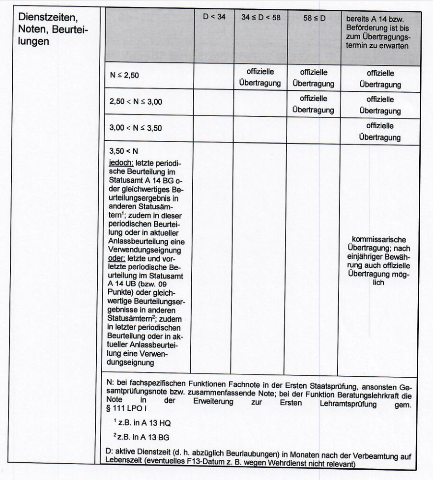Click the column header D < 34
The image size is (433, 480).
point(214,17)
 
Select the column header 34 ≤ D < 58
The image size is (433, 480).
point(260,17)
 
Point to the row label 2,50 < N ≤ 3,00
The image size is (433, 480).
point(136,102)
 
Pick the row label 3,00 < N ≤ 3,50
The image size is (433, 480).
point(136,128)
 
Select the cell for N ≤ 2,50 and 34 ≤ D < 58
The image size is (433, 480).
point(260,77)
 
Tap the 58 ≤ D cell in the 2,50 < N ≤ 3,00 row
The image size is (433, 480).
point(314,104)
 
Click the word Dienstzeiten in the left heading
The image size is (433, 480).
point(48,18)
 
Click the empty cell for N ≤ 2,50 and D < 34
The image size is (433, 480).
point(213,77)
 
